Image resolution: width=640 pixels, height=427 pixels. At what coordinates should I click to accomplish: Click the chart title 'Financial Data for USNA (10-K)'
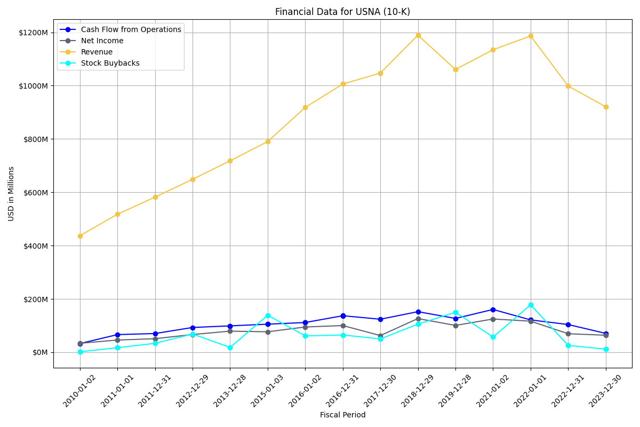tap(342, 12)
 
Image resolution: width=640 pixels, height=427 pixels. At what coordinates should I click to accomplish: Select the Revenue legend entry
tap(97, 52)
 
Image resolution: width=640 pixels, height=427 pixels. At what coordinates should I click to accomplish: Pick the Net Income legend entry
tap(102, 41)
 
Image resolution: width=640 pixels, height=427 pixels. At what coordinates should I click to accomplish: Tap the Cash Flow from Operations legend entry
tap(131, 29)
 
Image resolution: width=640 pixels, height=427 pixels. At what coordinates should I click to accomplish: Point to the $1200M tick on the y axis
tap(34, 33)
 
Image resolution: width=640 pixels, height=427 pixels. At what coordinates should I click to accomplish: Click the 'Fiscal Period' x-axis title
tap(342, 415)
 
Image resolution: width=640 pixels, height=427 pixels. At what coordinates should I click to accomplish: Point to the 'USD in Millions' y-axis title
tap(11, 193)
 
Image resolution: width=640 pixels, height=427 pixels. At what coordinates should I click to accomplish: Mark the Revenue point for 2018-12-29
tap(418, 35)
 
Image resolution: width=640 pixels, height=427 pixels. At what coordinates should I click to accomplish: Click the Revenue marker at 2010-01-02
tap(80, 236)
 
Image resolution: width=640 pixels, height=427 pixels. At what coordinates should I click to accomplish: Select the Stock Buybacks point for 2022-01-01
tap(531, 305)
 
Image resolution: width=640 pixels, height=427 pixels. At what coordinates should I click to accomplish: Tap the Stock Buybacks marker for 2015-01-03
tap(268, 315)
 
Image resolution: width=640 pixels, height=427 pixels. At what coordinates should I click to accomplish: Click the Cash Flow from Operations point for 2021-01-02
tap(493, 310)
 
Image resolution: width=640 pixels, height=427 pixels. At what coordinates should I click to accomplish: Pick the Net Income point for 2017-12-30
tap(380, 336)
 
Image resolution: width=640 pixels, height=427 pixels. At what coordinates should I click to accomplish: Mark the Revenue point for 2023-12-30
tap(606, 107)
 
